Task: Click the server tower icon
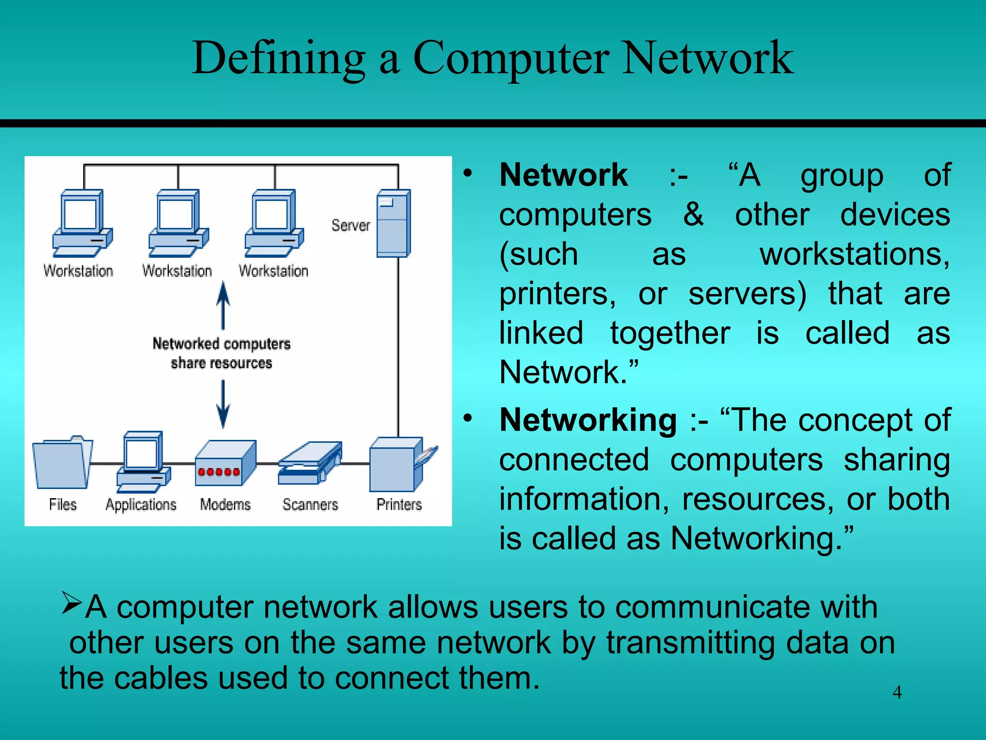(393, 224)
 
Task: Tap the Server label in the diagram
(350, 225)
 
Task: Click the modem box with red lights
(225, 463)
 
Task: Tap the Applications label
(141, 504)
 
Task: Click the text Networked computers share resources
(221, 353)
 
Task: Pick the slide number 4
(897, 692)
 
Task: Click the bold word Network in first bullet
(563, 175)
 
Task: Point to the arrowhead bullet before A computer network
(72, 603)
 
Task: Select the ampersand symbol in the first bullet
(693, 214)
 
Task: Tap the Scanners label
(310, 504)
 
